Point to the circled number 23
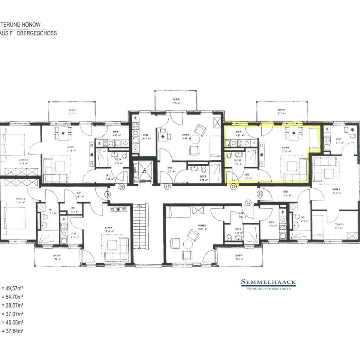(260, 194)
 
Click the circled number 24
(249, 203)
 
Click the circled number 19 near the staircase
(107, 194)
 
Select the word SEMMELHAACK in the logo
(268, 282)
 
